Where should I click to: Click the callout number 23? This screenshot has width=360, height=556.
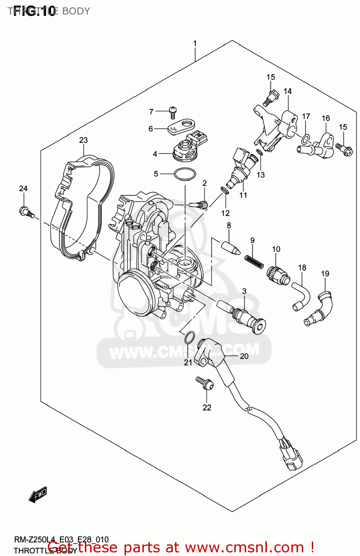[83, 140]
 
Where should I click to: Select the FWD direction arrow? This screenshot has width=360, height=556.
[38, 494]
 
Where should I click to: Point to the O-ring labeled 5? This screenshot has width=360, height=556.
[185, 174]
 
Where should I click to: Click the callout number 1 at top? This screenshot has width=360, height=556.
[195, 44]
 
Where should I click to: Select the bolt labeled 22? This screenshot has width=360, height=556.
[205, 383]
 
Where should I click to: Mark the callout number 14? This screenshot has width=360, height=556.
[288, 91]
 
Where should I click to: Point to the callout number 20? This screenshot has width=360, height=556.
[244, 356]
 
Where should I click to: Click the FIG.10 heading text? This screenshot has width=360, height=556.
[34, 11]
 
